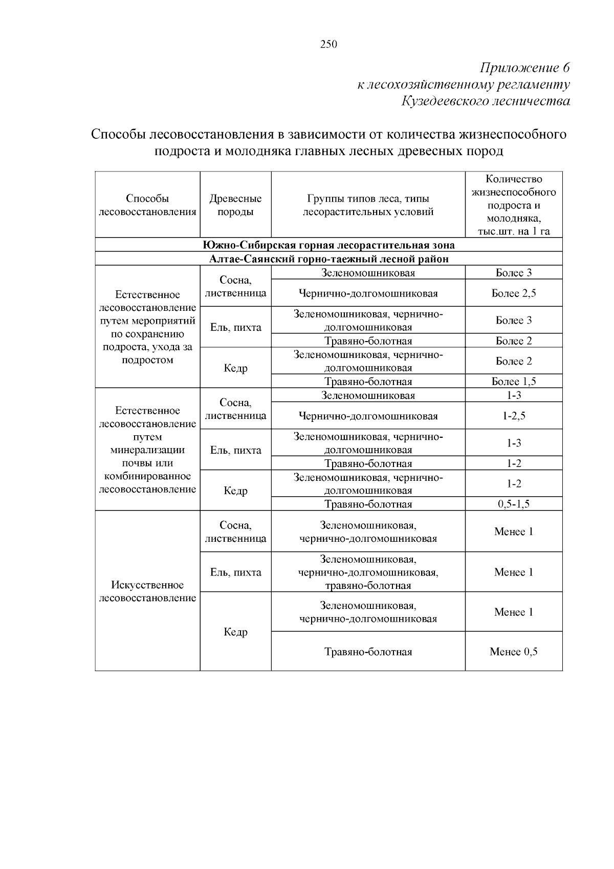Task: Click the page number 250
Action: (x=328, y=45)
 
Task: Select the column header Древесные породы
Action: (x=235, y=205)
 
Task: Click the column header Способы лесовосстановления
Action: (x=147, y=205)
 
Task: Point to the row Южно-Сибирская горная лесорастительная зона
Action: (x=328, y=245)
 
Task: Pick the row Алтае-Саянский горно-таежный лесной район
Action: (x=328, y=259)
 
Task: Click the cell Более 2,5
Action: (x=514, y=293)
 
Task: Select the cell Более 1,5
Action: (x=514, y=381)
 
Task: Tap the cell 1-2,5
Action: (x=514, y=416)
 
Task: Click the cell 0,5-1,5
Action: (x=514, y=504)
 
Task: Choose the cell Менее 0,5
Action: (x=514, y=651)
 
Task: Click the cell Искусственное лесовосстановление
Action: (x=147, y=591)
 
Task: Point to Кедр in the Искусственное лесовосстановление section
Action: (x=235, y=632)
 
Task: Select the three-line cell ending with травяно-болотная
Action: (x=368, y=572)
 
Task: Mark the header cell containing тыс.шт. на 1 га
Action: (x=514, y=205)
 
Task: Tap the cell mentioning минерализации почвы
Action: (x=147, y=450)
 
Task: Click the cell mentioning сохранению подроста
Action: (x=147, y=327)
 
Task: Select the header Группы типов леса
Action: (x=368, y=205)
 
